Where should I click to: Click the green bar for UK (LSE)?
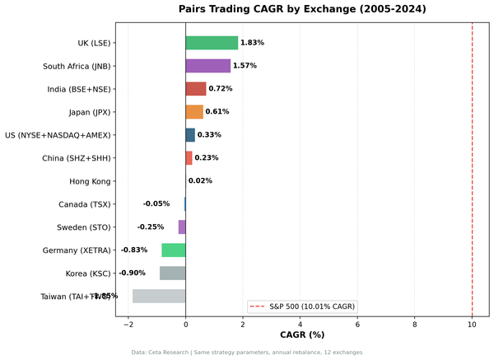click(212, 43)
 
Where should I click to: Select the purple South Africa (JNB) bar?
click(207, 66)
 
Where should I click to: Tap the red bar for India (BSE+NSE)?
click(196, 89)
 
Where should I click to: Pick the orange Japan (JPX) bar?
click(194, 112)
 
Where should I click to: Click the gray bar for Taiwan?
click(159, 297)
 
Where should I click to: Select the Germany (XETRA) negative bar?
click(174, 250)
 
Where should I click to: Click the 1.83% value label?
click(252, 43)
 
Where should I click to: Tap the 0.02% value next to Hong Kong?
click(200, 181)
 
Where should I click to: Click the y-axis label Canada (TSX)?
click(84, 204)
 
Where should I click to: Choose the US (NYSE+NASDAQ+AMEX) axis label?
click(58, 135)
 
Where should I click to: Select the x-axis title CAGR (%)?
click(302, 335)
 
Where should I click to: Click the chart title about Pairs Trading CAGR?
click(302, 10)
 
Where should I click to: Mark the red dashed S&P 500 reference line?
click(472, 165)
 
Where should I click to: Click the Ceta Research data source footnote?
click(247, 353)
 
